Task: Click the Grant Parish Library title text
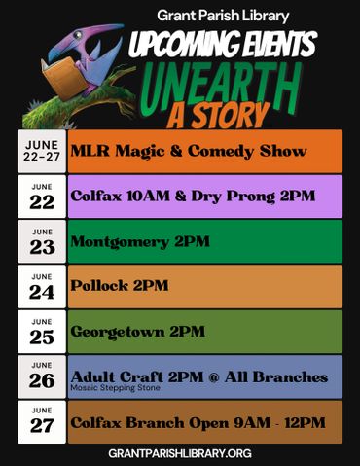click(x=223, y=16)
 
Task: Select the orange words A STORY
click(x=219, y=116)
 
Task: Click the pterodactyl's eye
click(x=77, y=35)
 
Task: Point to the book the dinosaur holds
click(x=63, y=77)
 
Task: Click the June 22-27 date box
click(x=42, y=151)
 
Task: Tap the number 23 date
click(x=42, y=248)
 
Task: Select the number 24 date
click(x=42, y=293)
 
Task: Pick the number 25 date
click(x=42, y=338)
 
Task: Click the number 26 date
click(x=42, y=381)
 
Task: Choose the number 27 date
click(x=42, y=426)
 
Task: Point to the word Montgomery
click(x=120, y=242)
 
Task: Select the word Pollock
click(x=99, y=286)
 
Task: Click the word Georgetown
click(x=118, y=332)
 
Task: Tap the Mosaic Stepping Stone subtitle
click(x=116, y=387)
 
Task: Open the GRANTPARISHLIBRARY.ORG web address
click(x=180, y=453)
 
